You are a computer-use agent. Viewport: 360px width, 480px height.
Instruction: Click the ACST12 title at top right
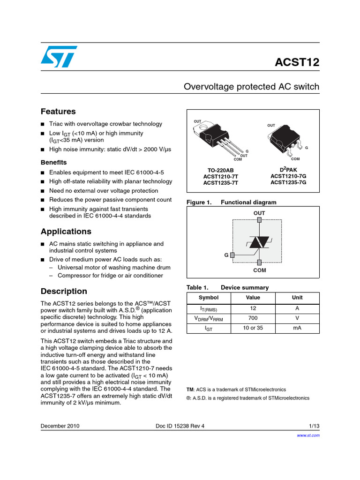click(x=297, y=63)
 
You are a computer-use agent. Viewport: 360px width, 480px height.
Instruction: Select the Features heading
click(x=58, y=112)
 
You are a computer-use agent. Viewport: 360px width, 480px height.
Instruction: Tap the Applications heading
click(x=66, y=232)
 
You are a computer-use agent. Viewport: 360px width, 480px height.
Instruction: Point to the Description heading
click(x=64, y=291)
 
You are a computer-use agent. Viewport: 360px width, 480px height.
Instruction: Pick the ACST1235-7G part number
click(x=288, y=182)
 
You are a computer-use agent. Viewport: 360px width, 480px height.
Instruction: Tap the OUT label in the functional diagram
click(x=259, y=213)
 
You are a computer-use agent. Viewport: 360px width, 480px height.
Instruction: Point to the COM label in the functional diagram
click(x=259, y=270)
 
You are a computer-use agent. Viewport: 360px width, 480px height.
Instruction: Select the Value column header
click(x=253, y=298)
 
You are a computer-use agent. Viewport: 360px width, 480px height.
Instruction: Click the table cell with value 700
click(x=253, y=318)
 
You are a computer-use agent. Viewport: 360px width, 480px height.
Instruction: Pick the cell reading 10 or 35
click(x=253, y=328)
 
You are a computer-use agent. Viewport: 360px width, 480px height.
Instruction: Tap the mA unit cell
click(x=297, y=328)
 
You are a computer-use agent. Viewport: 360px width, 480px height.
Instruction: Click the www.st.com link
click(x=308, y=435)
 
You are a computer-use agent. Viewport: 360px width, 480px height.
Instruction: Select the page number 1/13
click(x=314, y=426)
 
